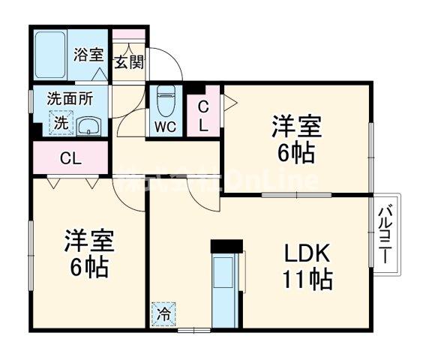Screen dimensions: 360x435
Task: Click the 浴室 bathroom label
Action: [88, 54]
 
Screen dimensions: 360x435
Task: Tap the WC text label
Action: [165, 126]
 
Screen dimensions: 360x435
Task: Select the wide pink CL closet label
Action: [71, 158]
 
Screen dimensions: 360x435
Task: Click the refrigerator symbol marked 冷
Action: [163, 314]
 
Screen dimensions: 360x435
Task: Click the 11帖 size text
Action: [307, 280]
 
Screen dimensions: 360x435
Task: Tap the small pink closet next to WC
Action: [202, 116]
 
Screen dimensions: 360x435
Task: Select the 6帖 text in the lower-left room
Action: [88, 265]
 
